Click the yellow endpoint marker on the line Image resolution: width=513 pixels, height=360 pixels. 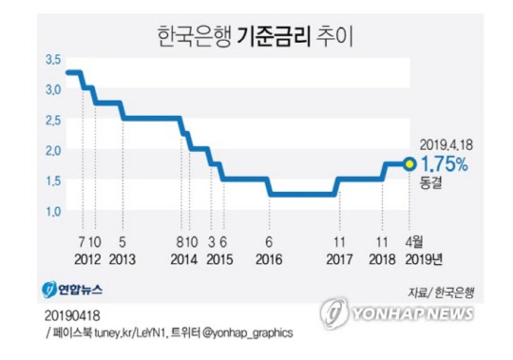coord(408,163)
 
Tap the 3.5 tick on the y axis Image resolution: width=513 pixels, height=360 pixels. coord(51,60)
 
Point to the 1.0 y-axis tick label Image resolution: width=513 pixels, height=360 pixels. coord(51,210)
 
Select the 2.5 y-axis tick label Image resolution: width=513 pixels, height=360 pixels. coord(51,120)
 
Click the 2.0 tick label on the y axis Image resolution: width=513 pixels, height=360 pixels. coord(51,149)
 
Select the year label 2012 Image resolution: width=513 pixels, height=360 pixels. coord(87,257)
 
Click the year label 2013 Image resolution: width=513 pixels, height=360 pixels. coord(123,257)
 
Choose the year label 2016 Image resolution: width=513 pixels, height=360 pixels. coord(270,257)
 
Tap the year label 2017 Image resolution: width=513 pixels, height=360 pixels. coord(338,257)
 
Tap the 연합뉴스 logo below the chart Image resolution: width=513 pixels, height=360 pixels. coord(72,288)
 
